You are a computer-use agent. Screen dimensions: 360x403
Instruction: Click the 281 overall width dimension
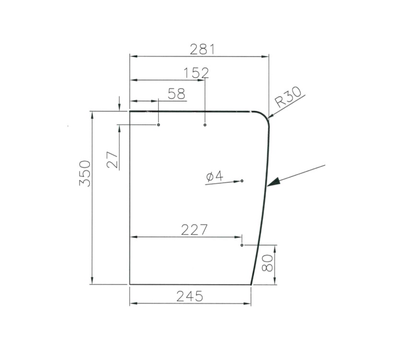tap(201, 49)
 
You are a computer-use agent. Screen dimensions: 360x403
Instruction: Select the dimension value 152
tap(196, 72)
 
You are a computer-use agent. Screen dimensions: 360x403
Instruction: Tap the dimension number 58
tap(176, 94)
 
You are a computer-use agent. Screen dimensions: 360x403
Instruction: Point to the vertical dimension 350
tap(84, 175)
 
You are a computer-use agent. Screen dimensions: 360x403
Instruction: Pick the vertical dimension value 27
tap(112, 159)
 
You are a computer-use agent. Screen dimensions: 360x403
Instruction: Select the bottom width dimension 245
tap(190, 296)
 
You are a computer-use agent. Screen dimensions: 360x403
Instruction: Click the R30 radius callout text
tap(288, 98)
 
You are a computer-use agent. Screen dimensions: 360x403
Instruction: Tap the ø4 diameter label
tap(214, 177)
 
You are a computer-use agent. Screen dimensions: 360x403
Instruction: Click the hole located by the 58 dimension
tap(159, 125)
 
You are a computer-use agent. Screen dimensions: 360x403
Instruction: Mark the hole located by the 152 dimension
tap(205, 125)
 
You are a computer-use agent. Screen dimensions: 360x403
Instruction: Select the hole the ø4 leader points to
tap(242, 180)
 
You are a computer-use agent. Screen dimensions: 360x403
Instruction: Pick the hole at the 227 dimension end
tap(242, 245)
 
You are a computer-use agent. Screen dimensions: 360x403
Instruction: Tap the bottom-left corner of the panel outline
tap(130, 284)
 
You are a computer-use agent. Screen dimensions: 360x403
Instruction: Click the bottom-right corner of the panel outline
tap(251, 284)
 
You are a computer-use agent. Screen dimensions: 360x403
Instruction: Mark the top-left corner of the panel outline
tap(130, 111)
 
